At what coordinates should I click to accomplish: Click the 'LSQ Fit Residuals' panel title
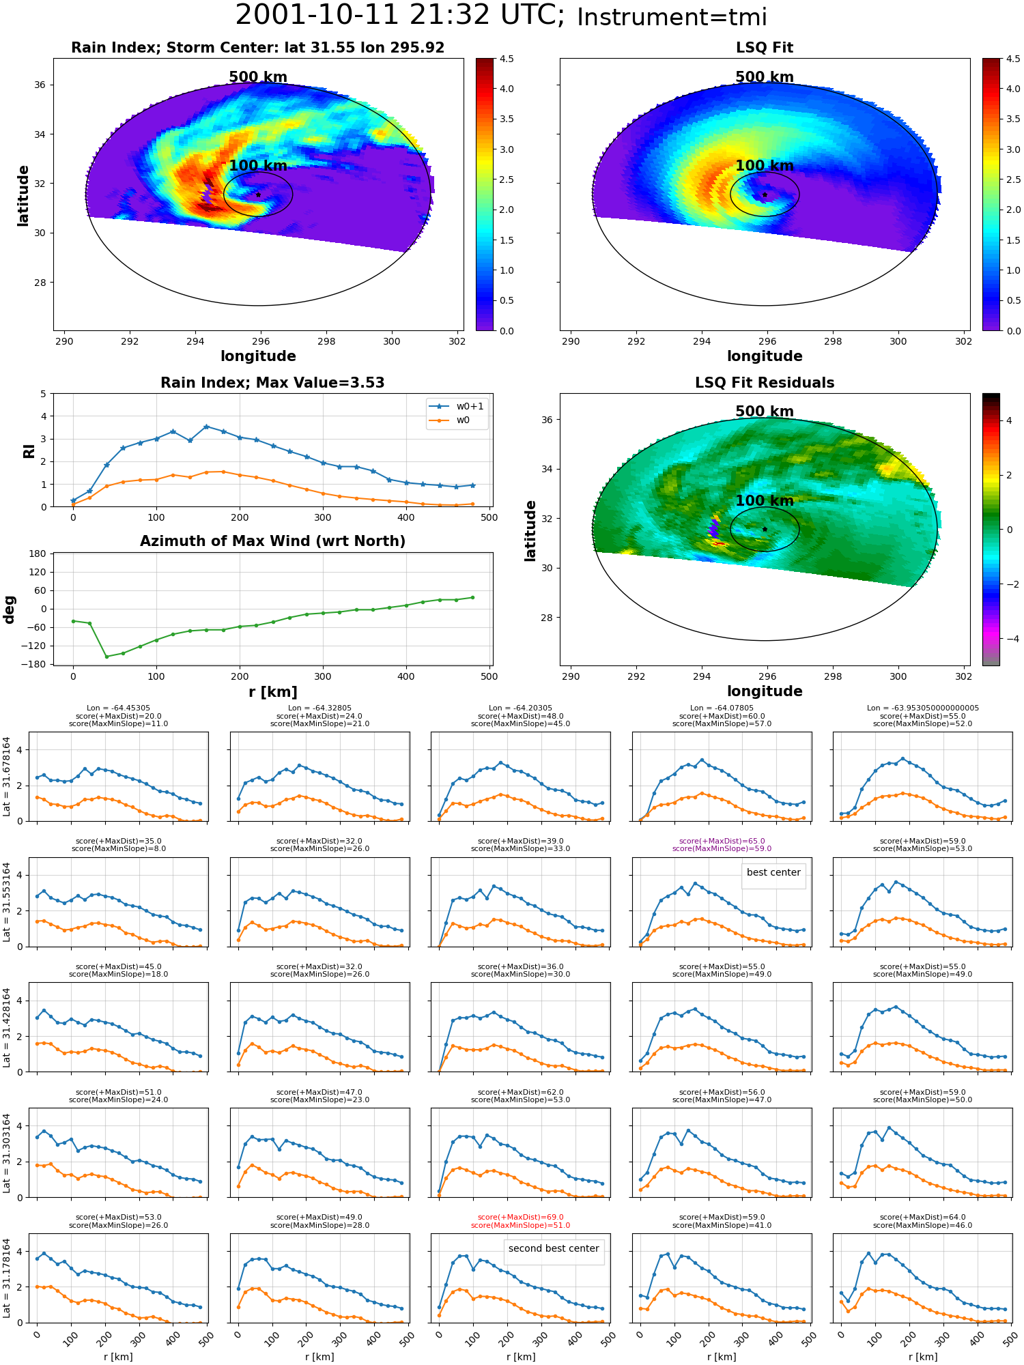(x=765, y=383)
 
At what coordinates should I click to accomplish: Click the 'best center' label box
(x=773, y=873)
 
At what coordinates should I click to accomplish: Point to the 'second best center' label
(x=554, y=1249)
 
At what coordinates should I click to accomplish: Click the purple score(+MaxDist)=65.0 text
(x=722, y=842)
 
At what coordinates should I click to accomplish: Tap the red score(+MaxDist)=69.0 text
(x=521, y=1218)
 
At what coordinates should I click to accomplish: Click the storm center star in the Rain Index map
(x=258, y=195)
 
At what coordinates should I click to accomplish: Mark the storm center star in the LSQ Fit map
(x=765, y=195)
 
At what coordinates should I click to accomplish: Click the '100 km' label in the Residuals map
(x=765, y=501)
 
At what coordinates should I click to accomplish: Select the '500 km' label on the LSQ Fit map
(x=765, y=77)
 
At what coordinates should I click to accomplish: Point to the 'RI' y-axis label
(x=29, y=450)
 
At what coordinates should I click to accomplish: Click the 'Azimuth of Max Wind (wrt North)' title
(x=273, y=541)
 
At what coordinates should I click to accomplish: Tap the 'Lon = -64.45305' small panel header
(x=119, y=708)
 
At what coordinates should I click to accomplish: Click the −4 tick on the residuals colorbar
(x=1008, y=639)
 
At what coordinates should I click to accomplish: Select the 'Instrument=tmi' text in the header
(x=672, y=17)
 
